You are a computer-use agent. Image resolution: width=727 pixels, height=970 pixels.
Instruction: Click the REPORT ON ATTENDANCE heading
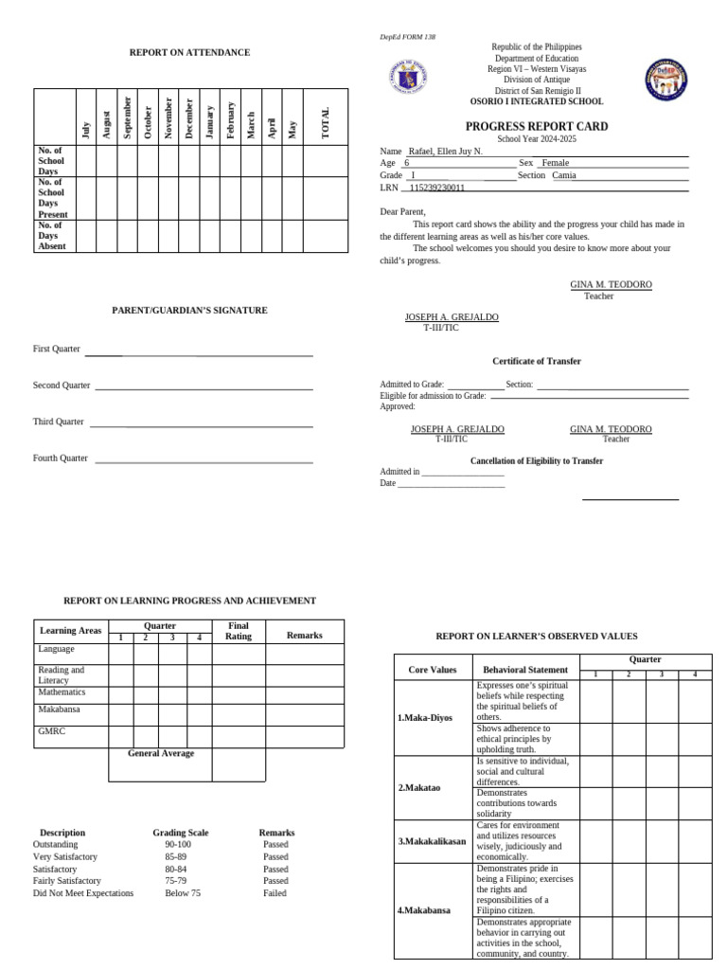click(x=189, y=53)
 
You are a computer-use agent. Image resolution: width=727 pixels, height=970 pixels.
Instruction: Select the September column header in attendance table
click(x=126, y=117)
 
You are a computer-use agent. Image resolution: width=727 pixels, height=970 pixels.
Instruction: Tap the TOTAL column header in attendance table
click(x=326, y=123)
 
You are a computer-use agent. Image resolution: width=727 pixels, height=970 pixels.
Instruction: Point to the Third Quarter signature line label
click(x=59, y=422)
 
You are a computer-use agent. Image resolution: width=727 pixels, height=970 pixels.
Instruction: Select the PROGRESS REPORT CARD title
click(x=536, y=126)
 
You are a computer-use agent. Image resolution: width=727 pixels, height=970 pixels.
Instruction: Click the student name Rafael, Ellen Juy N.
click(x=445, y=152)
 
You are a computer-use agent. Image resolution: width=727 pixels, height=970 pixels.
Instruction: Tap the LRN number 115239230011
click(x=436, y=188)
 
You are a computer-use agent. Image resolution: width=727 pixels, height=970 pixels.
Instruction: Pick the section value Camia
click(x=563, y=175)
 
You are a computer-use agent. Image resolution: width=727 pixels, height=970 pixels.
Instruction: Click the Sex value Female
click(x=555, y=163)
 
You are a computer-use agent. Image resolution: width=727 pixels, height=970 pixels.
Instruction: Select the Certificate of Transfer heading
click(x=536, y=361)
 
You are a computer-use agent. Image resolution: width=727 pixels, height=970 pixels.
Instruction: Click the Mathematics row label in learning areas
click(x=62, y=692)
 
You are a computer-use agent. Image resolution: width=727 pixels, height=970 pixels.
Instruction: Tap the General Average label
click(x=161, y=753)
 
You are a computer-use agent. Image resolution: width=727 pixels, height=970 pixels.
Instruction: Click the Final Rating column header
click(x=239, y=631)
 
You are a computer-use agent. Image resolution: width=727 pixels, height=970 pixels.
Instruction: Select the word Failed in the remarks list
click(x=275, y=893)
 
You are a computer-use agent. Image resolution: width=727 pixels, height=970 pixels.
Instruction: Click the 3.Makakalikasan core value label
click(x=432, y=841)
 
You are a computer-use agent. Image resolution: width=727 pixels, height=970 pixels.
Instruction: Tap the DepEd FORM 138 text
click(x=408, y=37)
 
